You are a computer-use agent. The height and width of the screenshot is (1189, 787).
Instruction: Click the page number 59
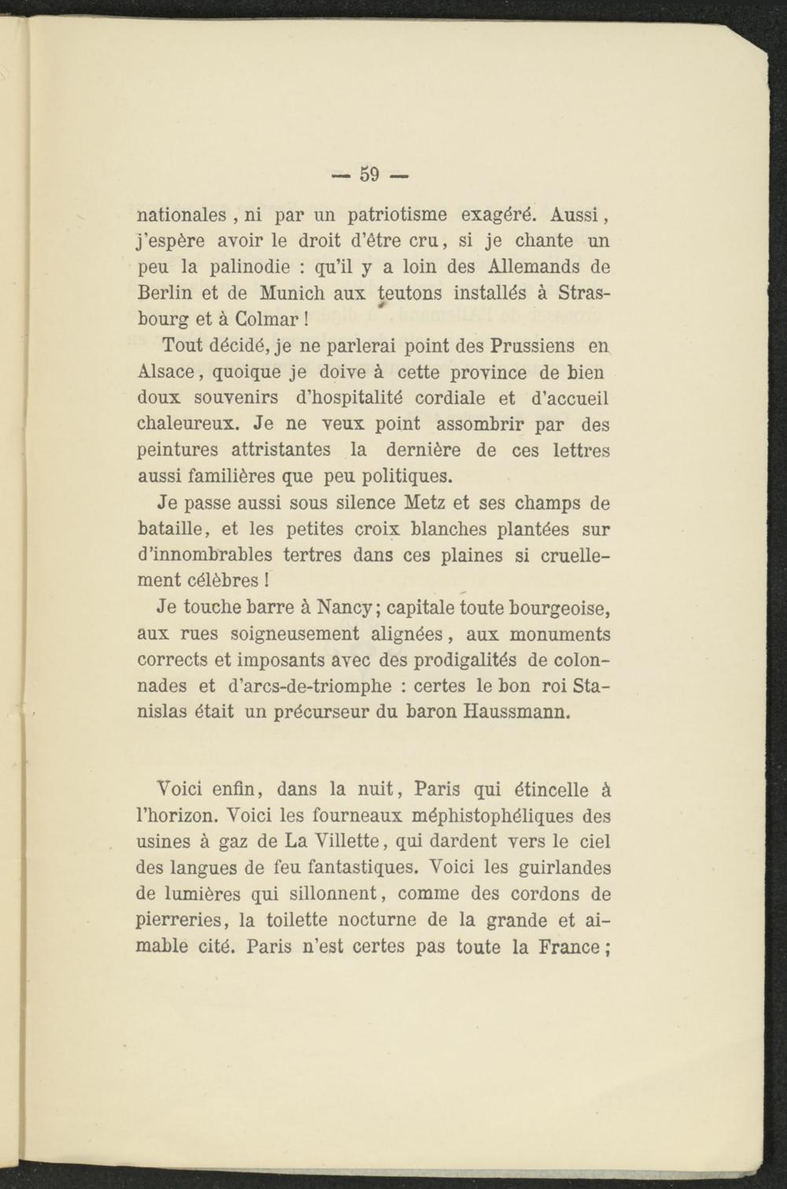(x=370, y=173)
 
